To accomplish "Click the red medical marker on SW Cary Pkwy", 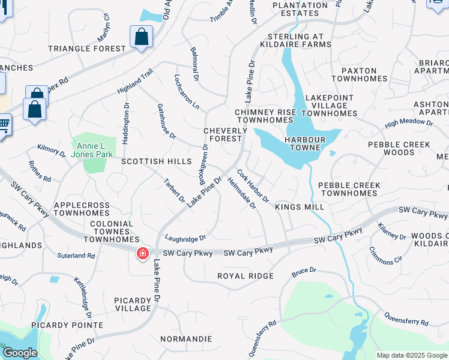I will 143,254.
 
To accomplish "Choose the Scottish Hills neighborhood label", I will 156,162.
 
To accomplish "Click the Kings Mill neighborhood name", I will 300,207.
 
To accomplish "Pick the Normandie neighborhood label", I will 187,339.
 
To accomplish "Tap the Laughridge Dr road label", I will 185,238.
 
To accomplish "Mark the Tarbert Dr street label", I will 175,190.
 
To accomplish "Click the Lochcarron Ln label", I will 186,91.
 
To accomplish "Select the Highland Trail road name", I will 136,81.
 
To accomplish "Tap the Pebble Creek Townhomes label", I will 348,190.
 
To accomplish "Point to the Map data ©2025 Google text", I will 412,355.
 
